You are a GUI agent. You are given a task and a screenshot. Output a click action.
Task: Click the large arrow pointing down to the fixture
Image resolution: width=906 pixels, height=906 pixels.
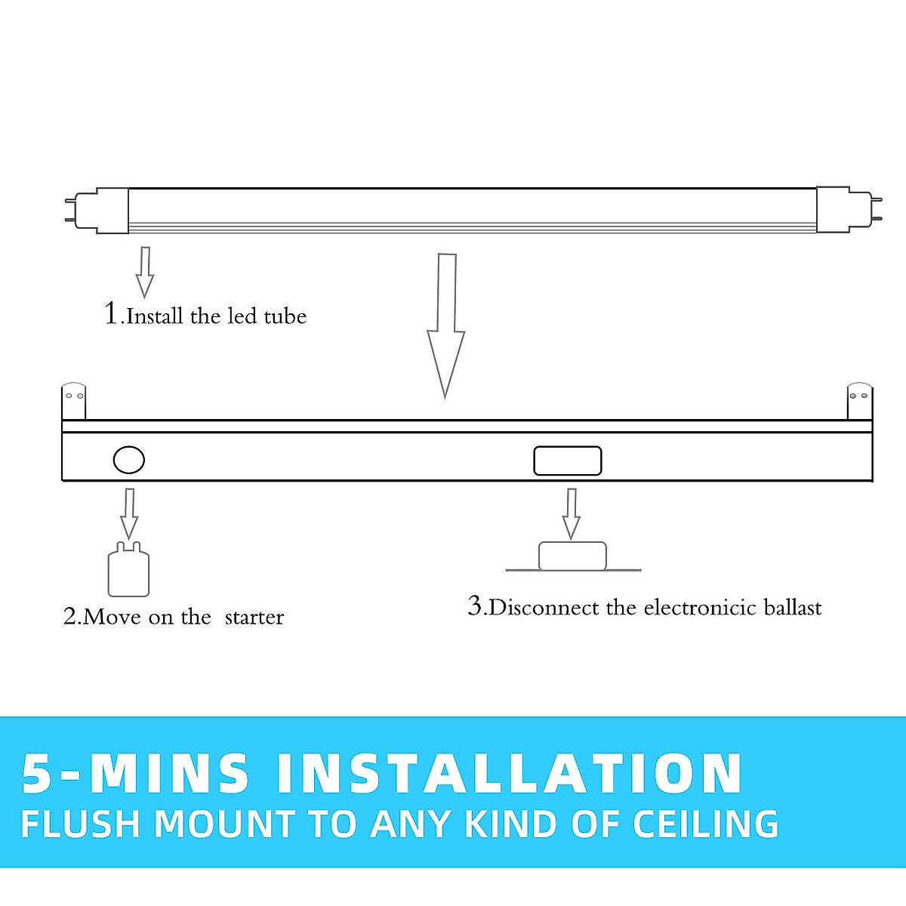445,332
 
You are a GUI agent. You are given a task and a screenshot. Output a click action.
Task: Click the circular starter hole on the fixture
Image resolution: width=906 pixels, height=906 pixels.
129,459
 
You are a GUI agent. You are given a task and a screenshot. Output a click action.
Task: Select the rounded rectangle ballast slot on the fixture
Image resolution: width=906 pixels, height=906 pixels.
568,461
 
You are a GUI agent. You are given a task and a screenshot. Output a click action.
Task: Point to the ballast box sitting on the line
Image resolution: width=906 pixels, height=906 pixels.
572,556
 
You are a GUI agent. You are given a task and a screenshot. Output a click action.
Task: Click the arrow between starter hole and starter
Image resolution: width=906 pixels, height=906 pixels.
129,513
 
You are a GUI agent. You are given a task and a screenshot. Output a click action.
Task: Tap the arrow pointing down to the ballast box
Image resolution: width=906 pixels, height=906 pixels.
572,513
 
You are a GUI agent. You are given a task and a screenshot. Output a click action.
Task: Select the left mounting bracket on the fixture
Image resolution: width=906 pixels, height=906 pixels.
73,402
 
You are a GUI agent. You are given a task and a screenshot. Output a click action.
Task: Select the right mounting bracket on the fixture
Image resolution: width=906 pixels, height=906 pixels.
859,402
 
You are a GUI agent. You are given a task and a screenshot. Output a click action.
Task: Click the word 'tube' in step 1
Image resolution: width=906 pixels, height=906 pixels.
285,316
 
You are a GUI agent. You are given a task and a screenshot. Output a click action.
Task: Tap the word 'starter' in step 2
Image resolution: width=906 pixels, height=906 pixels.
254,618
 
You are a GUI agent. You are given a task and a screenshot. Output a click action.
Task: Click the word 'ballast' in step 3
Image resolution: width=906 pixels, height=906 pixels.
792,608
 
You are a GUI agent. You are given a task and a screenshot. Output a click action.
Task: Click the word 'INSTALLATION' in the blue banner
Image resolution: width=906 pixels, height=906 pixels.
510,774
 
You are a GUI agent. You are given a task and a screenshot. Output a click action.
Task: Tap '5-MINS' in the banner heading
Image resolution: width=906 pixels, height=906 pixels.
136,774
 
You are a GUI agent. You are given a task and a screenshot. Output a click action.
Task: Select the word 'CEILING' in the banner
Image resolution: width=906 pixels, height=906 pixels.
706,824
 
